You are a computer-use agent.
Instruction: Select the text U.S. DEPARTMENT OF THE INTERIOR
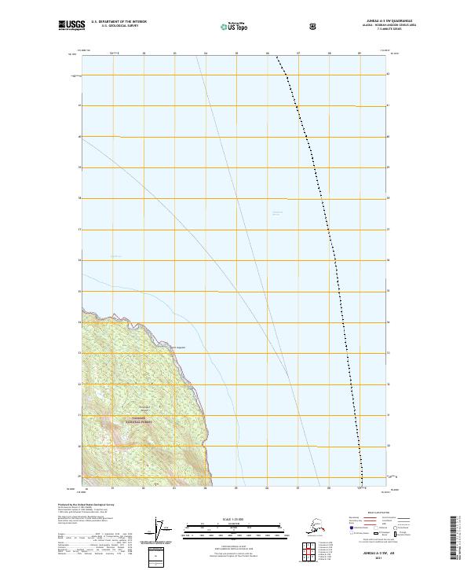119,22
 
